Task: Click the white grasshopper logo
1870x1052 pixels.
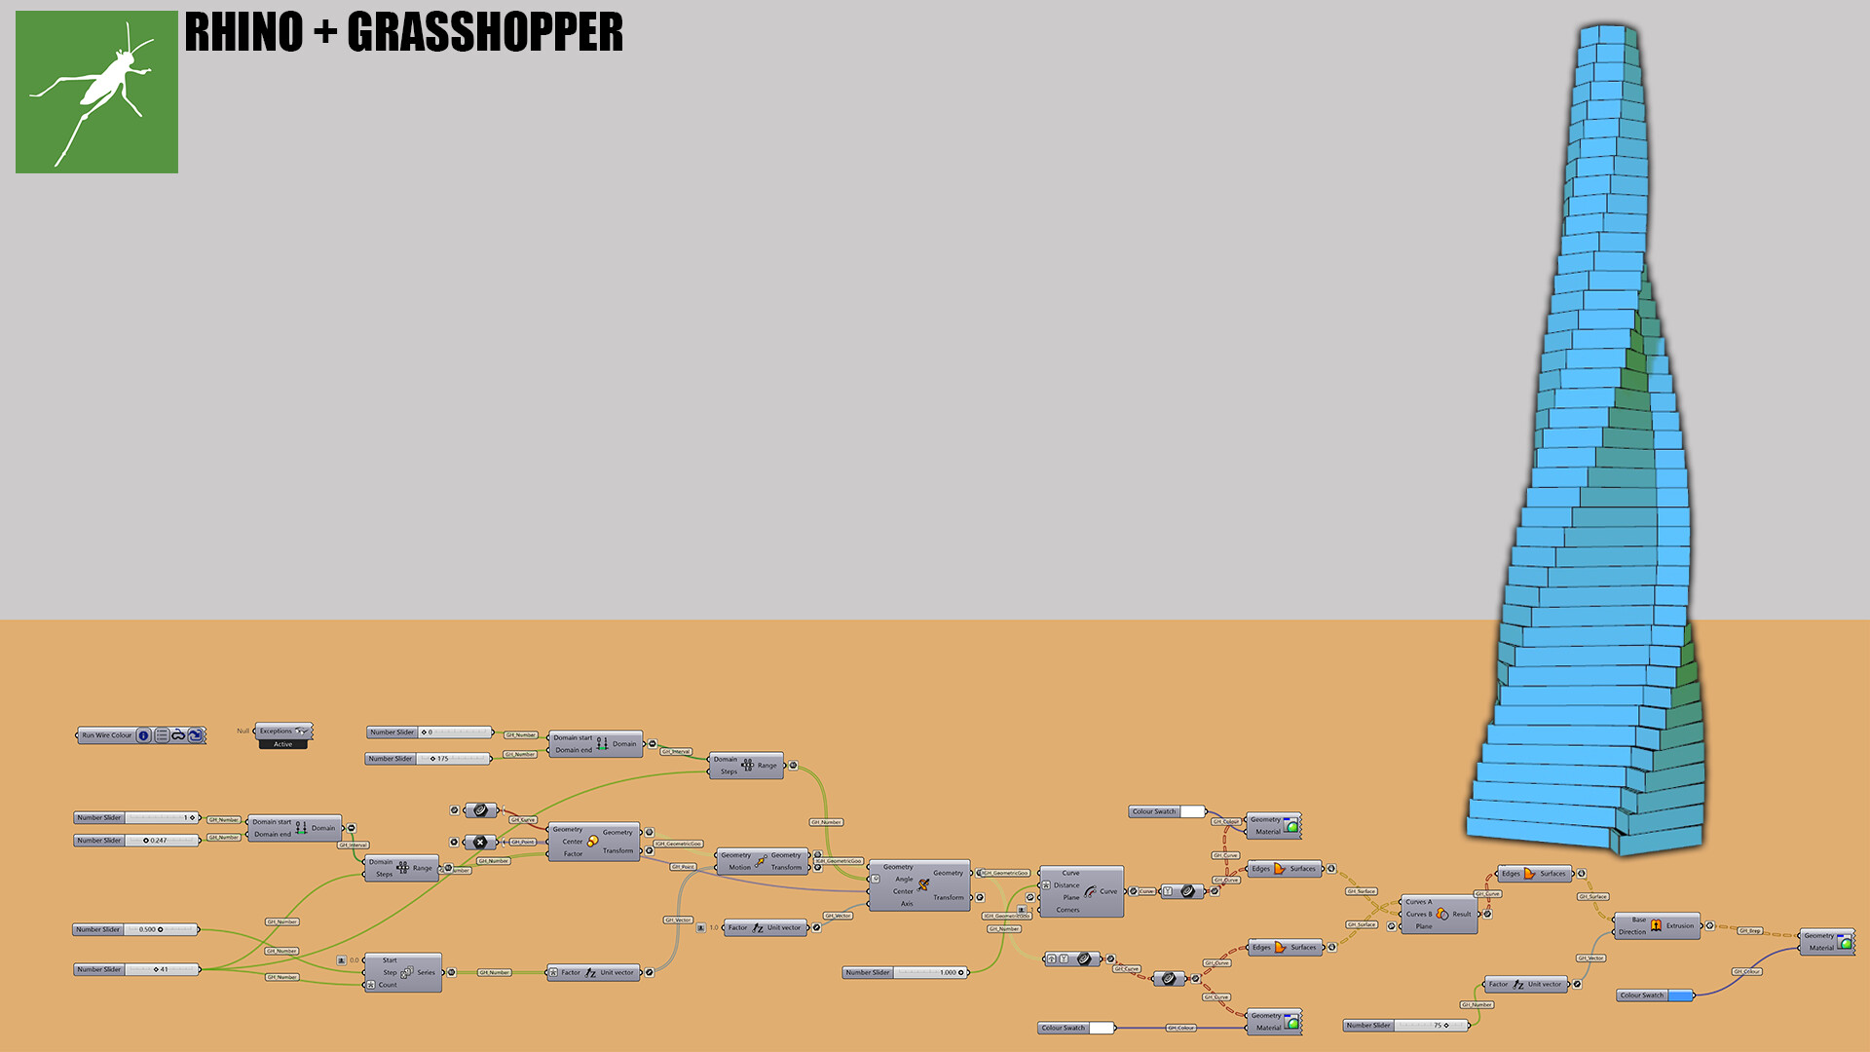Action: click(96, 93)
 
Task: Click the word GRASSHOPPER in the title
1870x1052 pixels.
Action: click(484, 32)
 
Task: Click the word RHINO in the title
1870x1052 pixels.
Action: click(243, 32)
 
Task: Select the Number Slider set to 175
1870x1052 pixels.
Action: click(429, 759)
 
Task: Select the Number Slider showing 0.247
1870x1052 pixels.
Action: click(136, 841)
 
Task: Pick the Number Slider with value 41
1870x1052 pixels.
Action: click(136, 970)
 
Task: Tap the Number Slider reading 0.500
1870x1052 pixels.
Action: click(136, 930)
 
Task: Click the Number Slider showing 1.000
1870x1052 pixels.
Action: click(905, 973)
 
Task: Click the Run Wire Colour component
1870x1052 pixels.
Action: click(141, 735)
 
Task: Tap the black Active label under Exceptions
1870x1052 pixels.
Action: click(282, 744)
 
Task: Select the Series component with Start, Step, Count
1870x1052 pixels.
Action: click(403, 973)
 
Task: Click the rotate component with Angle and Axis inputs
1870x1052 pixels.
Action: click(919, 885)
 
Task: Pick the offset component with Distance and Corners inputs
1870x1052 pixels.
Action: click(1081, 891)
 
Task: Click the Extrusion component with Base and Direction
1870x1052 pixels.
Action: click(1657, 926)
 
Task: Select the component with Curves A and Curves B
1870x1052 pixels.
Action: click(1440, 915)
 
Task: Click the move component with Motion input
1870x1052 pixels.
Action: click(762, 861)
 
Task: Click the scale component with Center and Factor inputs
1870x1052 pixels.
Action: click(594, 842)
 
